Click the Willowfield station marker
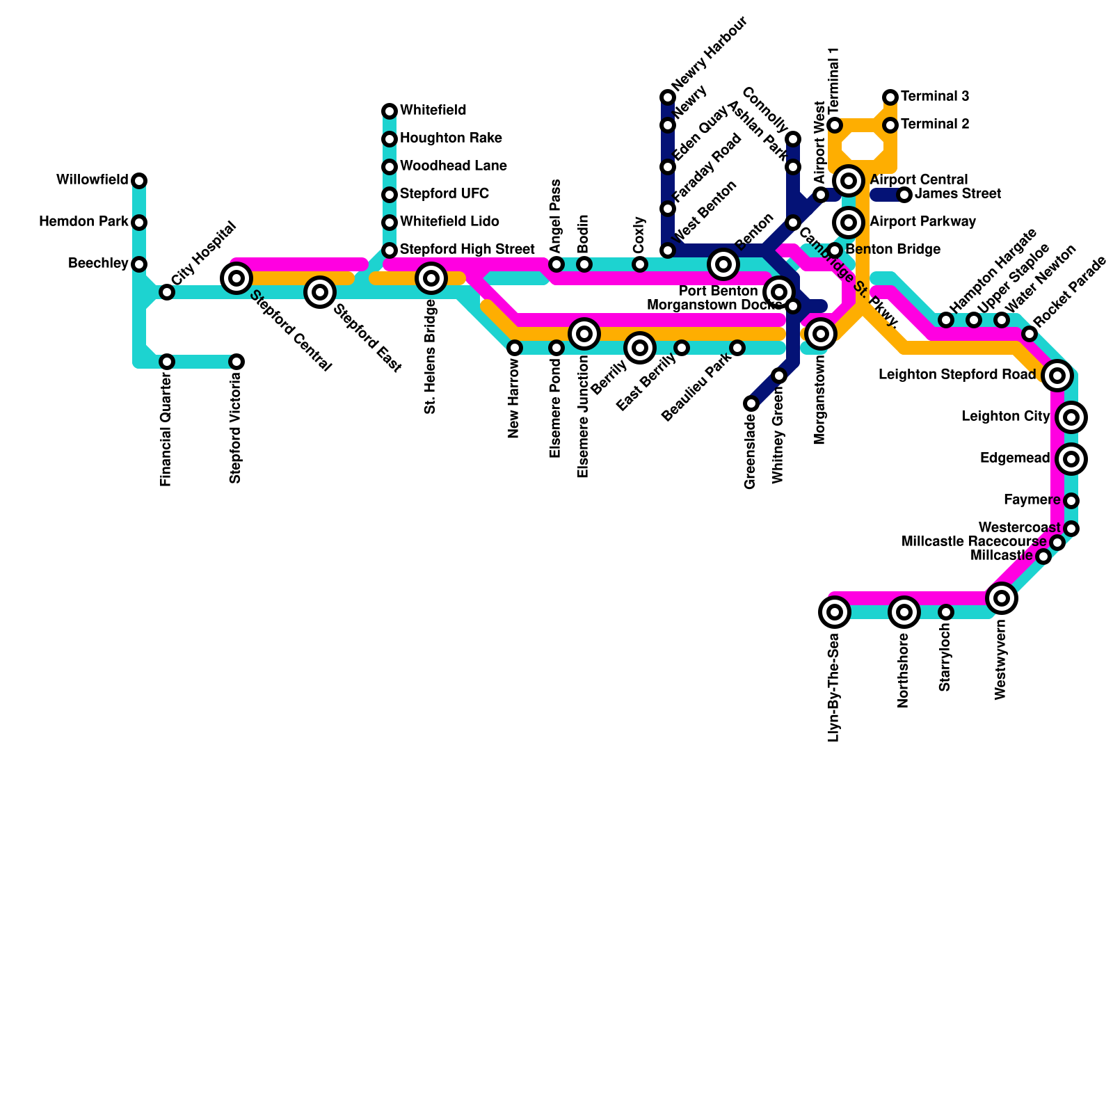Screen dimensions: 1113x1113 pos(139,181)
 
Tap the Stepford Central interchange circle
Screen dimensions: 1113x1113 pos(237,278)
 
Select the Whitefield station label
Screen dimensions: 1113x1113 pos(433,111)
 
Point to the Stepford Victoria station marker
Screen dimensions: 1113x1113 pos(237,362)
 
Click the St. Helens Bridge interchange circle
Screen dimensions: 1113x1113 pos(431,278)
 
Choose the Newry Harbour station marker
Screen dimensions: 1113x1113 pos(668,97)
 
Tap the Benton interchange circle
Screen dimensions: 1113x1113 pos(723,264)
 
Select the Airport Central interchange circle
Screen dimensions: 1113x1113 pos(849,181)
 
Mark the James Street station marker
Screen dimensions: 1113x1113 pos(904,195)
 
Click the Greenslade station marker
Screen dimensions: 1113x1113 pos(751,403)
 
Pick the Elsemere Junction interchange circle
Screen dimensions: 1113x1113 pos(584,334)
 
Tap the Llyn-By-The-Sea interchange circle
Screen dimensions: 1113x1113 pos(835,612)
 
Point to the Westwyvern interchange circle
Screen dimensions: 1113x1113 pos(1002,598)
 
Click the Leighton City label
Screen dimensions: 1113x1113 pos(1005,417)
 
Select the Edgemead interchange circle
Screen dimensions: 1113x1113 pos(1071,459)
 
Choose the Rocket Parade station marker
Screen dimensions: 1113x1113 pos(1030,334)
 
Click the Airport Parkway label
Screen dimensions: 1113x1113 pos(922,222)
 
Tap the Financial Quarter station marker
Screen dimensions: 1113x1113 pos(167,362)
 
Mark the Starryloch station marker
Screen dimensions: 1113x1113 pos(946,612)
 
